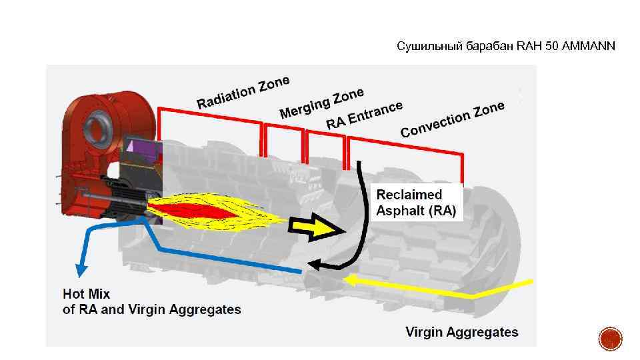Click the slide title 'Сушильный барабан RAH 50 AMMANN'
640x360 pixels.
click(506, 46)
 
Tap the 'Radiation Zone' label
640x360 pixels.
click(243, 91)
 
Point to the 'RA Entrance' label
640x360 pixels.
click(365, 115)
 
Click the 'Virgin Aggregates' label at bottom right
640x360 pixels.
click(461, 332)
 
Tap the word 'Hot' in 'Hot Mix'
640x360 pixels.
click(75, 293)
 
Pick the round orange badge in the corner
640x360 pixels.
click(610, 339)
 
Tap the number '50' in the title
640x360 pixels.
click(550, 46)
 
